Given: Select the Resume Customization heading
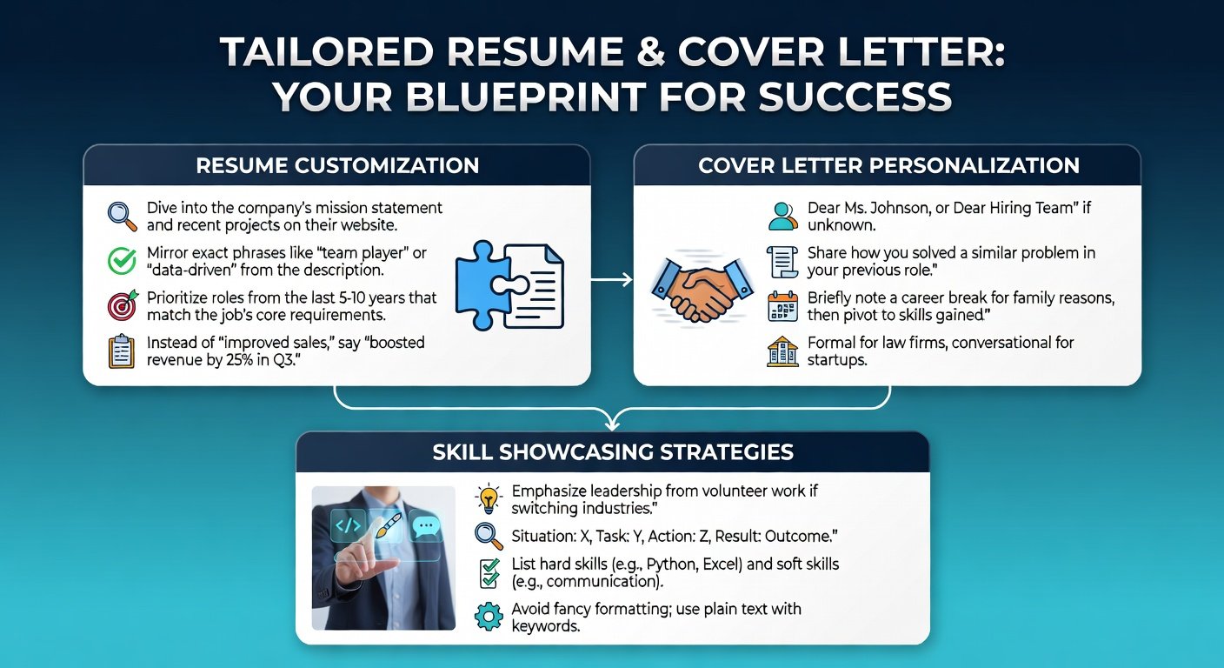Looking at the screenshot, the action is (x=337, y=165).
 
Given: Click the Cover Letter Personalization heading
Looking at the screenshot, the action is (x=888, y=165).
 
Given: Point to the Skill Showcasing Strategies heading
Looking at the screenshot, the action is (x=613, y=452).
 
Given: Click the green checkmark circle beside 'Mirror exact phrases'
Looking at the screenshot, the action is (x=122, y=261).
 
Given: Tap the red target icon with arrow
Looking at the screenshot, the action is (x=123, y=305).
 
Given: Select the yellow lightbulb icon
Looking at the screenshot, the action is (x=488, y=498).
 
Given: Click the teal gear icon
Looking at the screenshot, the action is (x=489, y=617).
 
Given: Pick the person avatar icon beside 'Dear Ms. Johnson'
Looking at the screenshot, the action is (x=782, y=216).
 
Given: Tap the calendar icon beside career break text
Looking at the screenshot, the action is (x=782, y=306).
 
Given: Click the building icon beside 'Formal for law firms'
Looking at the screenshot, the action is (x=782, y=351).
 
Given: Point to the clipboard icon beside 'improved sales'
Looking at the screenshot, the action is (x=122, y=351).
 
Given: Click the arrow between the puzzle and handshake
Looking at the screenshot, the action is (x=611, y=280).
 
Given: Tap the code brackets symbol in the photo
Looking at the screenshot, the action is (x=348, y=525).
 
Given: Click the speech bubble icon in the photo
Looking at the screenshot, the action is (x=426, y=527).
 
